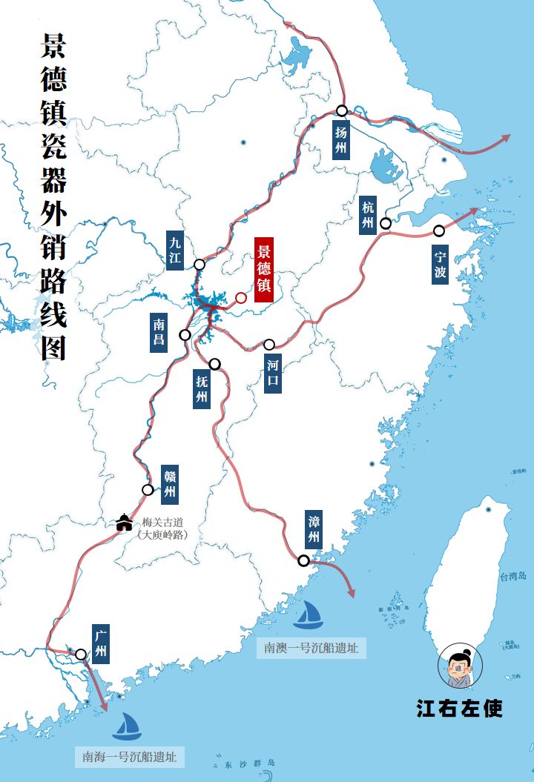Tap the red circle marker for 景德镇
click(241, 298)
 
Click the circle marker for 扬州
click(341, 110)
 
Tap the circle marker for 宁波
click(439, 231)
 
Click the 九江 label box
click(175, 251)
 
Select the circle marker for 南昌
click(185, 335)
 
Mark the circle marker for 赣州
click(148, 489)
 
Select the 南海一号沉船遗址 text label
click(130, 758)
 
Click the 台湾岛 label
click(512, 576)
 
